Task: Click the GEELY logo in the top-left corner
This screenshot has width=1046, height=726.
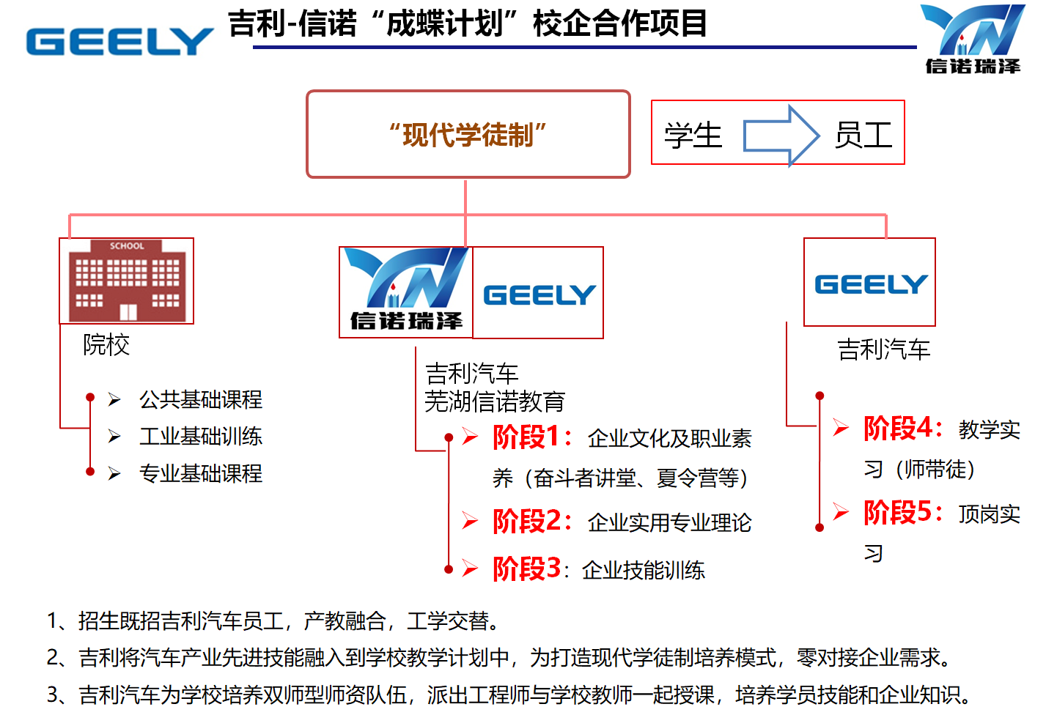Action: (x=119, y=42)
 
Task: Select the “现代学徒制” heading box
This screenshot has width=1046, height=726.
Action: (x=468, y=134)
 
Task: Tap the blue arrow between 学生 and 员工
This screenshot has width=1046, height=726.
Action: (x=781, y=136)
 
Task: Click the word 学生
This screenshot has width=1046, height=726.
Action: (x=693, y=136)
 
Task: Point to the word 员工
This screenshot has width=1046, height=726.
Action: (x=863, y=136)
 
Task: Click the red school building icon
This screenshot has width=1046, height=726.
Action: (x=127, y=281)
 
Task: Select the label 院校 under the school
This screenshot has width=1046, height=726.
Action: (x=106, y=344)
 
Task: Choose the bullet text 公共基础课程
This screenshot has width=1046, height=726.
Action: (x=200, y=399)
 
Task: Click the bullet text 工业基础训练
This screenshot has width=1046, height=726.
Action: (x=200, y=437)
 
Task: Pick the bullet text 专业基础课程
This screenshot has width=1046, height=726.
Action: (x=200, y=474)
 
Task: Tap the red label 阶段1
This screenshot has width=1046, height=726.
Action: (x=526, y=437)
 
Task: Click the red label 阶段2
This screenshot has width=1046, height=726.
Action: (x=526, y=522)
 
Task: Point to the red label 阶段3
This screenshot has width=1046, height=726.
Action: (x=526, y=568)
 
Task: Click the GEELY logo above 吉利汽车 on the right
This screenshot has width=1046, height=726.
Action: (x=870, y=284)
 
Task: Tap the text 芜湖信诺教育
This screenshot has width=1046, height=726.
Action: (x=495, y=401)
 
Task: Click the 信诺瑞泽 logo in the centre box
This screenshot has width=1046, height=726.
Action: (x=406, y=292)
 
